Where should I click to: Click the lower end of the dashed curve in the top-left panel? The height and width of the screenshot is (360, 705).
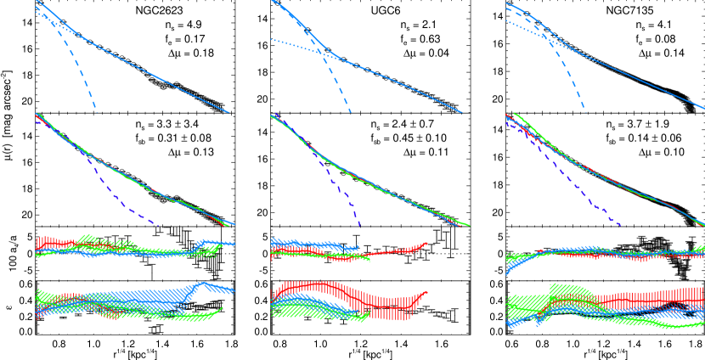click(96, 112)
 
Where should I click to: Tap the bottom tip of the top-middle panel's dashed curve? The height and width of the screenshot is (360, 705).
click(350, 112)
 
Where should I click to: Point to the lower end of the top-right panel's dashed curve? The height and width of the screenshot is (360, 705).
click(585, 112)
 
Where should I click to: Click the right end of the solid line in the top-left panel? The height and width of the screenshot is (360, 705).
click(229, 113)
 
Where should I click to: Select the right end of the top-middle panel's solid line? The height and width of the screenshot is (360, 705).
click(463, 113)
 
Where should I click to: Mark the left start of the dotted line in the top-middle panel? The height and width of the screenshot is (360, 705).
click(272, 40)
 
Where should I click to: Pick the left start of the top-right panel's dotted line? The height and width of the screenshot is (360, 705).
click(507, 20)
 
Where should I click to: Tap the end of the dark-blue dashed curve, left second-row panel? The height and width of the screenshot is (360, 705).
click(159, 225)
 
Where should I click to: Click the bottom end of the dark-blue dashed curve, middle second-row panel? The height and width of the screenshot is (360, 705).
click(359, 225)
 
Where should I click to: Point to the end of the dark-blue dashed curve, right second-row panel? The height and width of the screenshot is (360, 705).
click(621, 225)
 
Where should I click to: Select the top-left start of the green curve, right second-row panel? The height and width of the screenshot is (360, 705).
click(515, 114)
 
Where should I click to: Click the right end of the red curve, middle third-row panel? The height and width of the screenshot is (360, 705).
click(426, 244)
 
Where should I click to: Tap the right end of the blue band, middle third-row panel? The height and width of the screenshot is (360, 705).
click(358, 245)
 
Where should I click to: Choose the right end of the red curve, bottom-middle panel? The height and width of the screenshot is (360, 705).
click(426, 292)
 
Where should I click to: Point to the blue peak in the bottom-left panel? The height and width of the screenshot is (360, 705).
click(202, 284)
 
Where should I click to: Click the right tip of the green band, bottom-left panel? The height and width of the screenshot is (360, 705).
click(223, 308)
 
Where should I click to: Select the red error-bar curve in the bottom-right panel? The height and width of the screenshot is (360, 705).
click(646, 300)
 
